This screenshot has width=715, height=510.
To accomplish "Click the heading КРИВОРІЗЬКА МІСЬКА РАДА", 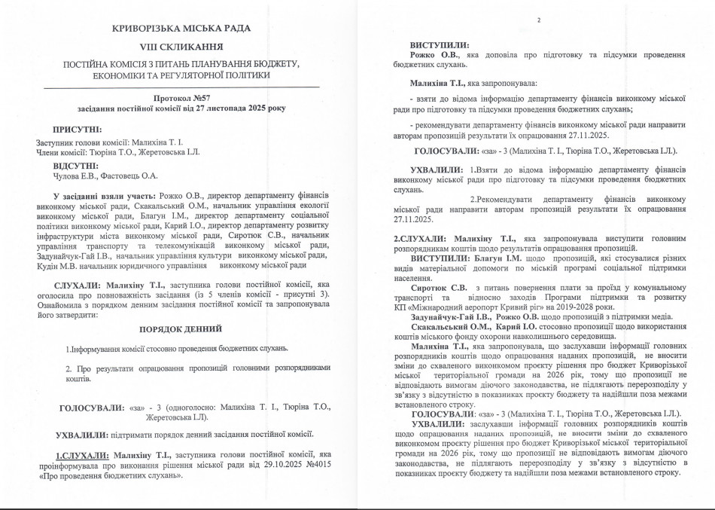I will pos(181,29).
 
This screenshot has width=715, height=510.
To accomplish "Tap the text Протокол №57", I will pos(181,98).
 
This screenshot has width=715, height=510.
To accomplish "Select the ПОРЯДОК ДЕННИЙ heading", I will pos(181,329).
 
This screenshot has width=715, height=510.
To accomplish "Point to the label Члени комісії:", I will pos(62,153).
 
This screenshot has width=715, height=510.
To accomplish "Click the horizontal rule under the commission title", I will pos(181,87).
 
